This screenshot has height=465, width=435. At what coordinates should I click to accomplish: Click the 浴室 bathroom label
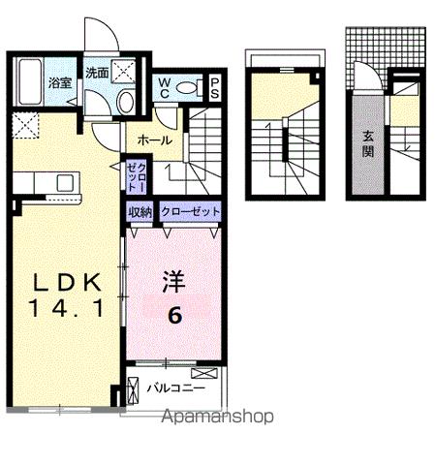point(61,82)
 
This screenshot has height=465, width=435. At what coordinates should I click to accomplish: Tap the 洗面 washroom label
point(96,74)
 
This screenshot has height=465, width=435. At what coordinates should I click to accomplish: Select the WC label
point(165,88)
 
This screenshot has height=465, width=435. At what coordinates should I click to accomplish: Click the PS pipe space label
point(214,88)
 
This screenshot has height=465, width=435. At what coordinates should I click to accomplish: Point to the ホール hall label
point(155,140)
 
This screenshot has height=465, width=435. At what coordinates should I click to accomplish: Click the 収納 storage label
point(139,211)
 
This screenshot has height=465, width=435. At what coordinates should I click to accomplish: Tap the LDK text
point(70,283)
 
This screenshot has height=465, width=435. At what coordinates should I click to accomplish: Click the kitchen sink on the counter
point(66,182)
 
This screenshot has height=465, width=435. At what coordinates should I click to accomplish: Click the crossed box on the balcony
point(205,373)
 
